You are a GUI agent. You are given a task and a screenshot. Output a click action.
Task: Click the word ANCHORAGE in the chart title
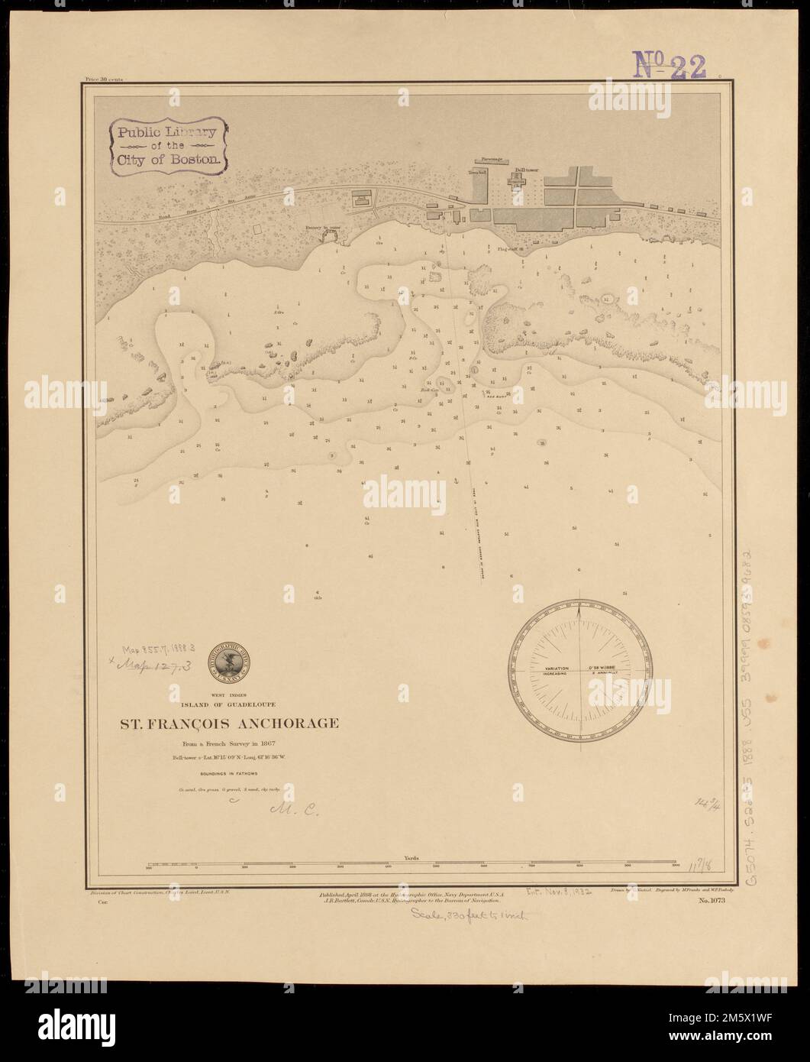[x=289, y=723]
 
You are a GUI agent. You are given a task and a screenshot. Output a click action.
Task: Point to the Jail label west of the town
[x=363, y=197]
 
